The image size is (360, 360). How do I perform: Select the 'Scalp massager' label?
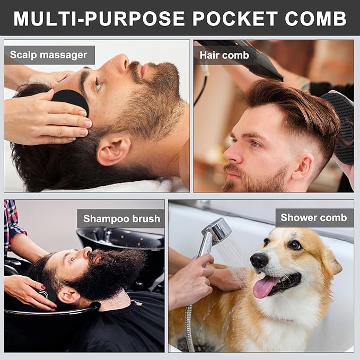[49, 55]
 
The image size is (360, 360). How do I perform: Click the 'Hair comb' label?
[224, 55]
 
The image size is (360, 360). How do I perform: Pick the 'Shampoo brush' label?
[121, 218]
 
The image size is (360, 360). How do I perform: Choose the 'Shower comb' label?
[314, 217]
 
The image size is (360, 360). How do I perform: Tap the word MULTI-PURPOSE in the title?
[99, 19]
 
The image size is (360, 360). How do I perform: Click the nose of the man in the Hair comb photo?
[232, 154]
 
